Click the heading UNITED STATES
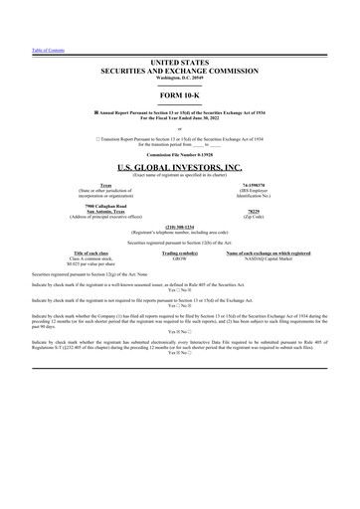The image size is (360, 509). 180,62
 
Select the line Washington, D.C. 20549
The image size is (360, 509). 180,78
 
